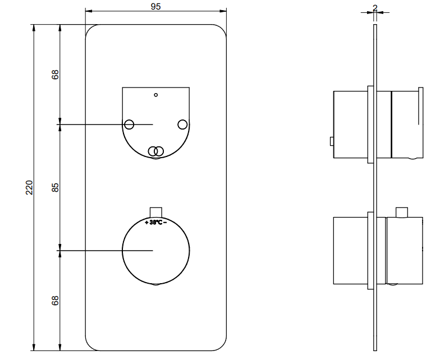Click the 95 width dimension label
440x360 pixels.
pos(156,6)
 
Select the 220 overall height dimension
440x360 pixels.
pos(29,187)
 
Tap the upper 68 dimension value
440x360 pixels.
pos(55,74)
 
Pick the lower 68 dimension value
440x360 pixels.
pos(55,301)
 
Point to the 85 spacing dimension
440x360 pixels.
pos(55,187)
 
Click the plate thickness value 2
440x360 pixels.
pos(375,8)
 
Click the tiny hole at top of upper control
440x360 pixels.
pos(156,95)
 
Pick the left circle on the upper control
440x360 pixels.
pos(129,124)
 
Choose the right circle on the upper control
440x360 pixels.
pos(182,124)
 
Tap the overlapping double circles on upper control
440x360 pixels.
pos(156,151)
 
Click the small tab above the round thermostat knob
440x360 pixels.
pos(156,212)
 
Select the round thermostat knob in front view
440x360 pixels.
pos(156,250)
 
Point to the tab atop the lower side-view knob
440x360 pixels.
pos(402,212)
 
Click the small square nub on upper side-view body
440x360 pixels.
pos(332,141)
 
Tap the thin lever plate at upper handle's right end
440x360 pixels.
pos(421,105)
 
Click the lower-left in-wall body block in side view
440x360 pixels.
pos(351,250)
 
